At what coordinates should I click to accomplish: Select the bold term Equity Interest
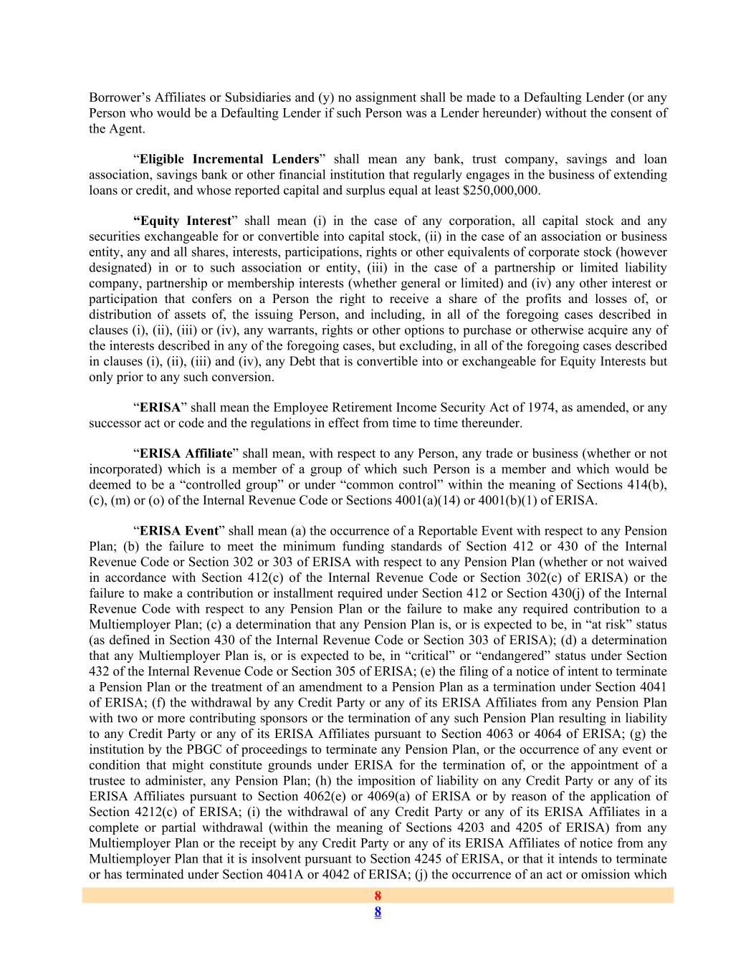click(183, 221)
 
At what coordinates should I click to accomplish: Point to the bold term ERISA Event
click(178, 531)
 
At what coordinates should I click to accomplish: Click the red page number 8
click(378, 896)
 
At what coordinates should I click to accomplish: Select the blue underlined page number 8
click(378, 912)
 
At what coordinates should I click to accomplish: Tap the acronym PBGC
click(166, 749)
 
